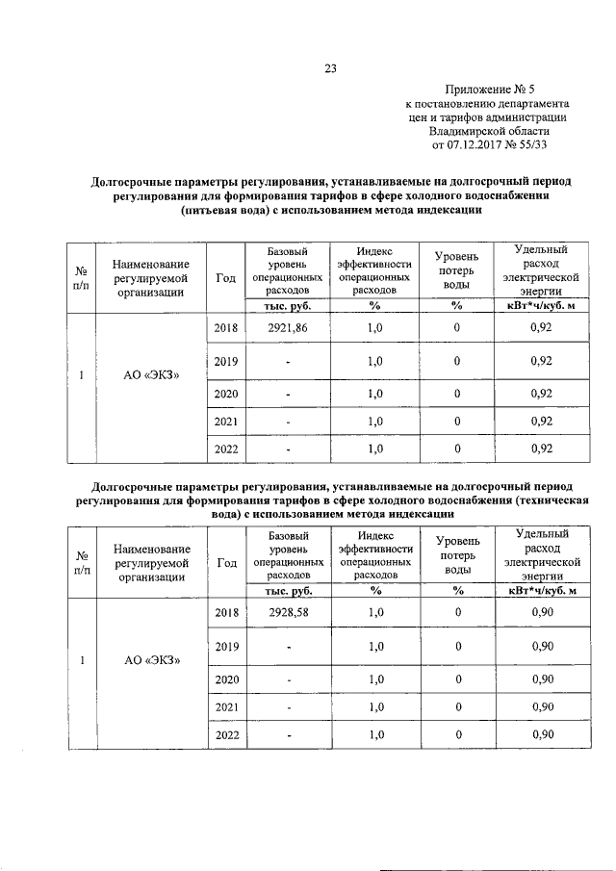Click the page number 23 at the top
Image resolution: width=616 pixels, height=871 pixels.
point(330,66)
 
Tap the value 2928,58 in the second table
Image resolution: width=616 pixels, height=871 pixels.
point(288,612)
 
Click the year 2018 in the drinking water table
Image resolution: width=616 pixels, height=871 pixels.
point(226,328)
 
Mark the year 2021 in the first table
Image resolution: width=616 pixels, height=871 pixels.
point(226,421)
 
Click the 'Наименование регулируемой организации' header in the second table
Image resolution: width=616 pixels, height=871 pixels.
point(150,562)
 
